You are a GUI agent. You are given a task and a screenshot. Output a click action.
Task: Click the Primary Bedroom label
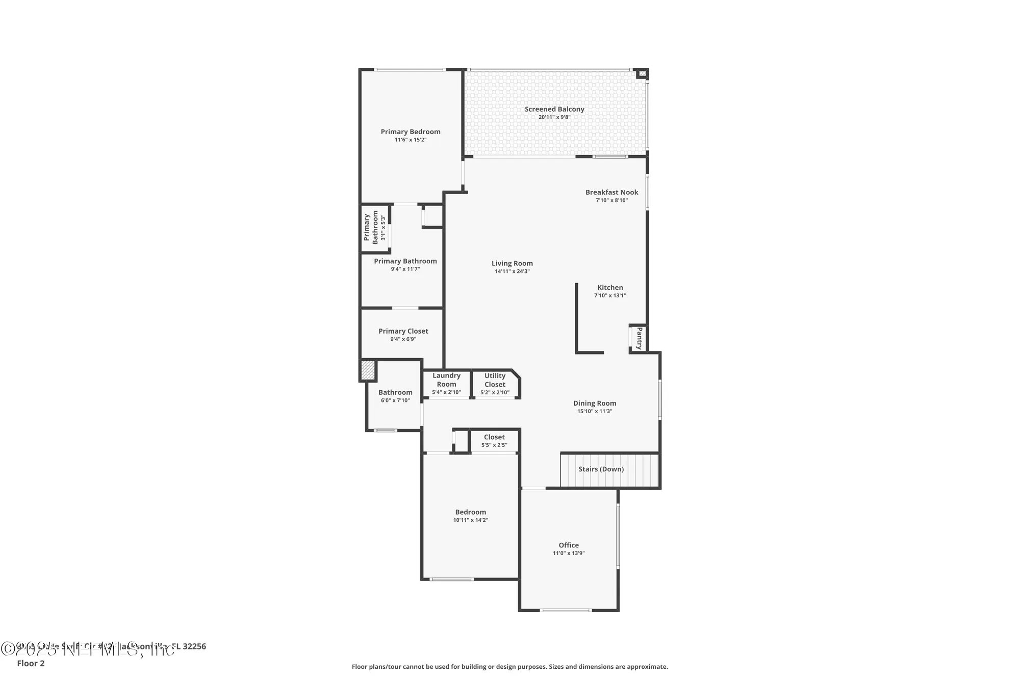click(410, 132)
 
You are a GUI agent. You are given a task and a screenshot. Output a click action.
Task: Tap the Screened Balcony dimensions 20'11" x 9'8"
click(554, 117)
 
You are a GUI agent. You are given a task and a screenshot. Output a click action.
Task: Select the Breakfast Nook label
click(611, 192)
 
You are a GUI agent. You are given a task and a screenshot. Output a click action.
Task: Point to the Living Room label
click(512, 263)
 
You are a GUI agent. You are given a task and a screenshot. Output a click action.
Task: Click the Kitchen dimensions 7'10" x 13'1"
click(610, 295)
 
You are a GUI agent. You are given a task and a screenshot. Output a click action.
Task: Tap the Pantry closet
click(638, 338)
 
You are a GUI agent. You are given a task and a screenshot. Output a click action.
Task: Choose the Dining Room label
click(594, 403)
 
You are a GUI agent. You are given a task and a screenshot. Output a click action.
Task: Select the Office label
click(569, 545)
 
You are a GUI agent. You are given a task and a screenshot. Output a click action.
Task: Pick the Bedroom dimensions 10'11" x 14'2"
click(470, 520)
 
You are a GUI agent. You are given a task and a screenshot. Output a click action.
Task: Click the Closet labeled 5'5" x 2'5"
click(494, 441)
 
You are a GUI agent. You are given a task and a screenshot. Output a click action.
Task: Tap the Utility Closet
click(495, 384)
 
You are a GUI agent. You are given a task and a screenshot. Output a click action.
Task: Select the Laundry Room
click(446, 384)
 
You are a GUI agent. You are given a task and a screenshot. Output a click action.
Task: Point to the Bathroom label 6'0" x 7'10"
click(395, 396)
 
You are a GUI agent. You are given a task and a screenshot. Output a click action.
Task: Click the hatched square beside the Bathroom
click(368, 370)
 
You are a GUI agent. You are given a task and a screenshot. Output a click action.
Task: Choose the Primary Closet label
click(403, 331)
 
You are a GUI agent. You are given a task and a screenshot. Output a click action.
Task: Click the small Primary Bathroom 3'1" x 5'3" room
click(375, 228)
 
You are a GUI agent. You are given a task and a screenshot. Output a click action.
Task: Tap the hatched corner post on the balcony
click(643, 74)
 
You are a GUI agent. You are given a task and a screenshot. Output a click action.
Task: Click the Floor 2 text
click(31, 663)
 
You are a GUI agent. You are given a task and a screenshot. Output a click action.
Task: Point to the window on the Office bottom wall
click(566, 610)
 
